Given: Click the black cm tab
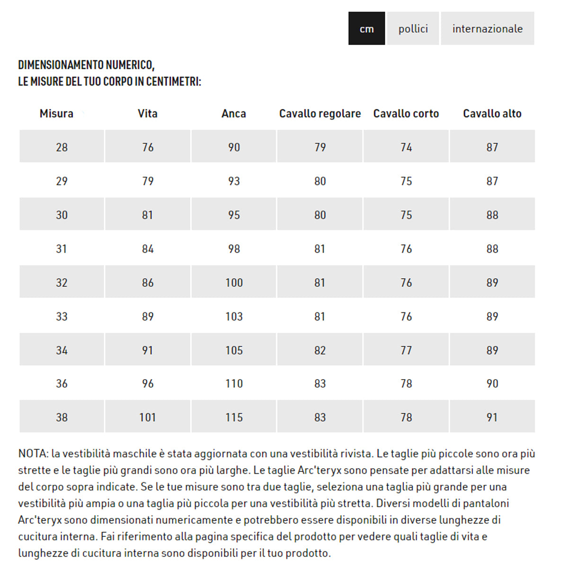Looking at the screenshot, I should click(x=366, y=28).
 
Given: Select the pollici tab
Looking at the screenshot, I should click(x=413, y=28).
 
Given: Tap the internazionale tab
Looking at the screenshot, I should click(x=487, y=28).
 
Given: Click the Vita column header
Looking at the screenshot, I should click(x=148, y=114).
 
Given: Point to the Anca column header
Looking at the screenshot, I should click(x=234, y=114).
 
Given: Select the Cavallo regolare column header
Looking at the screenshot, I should click(x=320, y=114).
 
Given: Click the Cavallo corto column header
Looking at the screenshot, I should click(x=406, y=114).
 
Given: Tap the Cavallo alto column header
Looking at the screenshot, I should click(x=492, y=114).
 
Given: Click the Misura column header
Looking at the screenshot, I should click(x=57, y=114).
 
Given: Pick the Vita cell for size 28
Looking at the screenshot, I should click(x=148, y=147).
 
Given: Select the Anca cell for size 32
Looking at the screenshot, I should click(x=234, y=283).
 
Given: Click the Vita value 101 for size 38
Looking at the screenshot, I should click(x=148, y=417).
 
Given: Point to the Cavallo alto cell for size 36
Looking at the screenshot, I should click(x=492, y=383).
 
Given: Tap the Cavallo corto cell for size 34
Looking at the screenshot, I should click(x=406, y=350).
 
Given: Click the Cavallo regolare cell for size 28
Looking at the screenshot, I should click(x=320, y=147).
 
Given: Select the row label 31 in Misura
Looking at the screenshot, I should click(x=62, y=249).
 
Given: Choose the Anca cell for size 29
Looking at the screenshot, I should click(x=234, y=181).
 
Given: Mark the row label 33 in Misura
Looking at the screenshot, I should click(x=62, y=316).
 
